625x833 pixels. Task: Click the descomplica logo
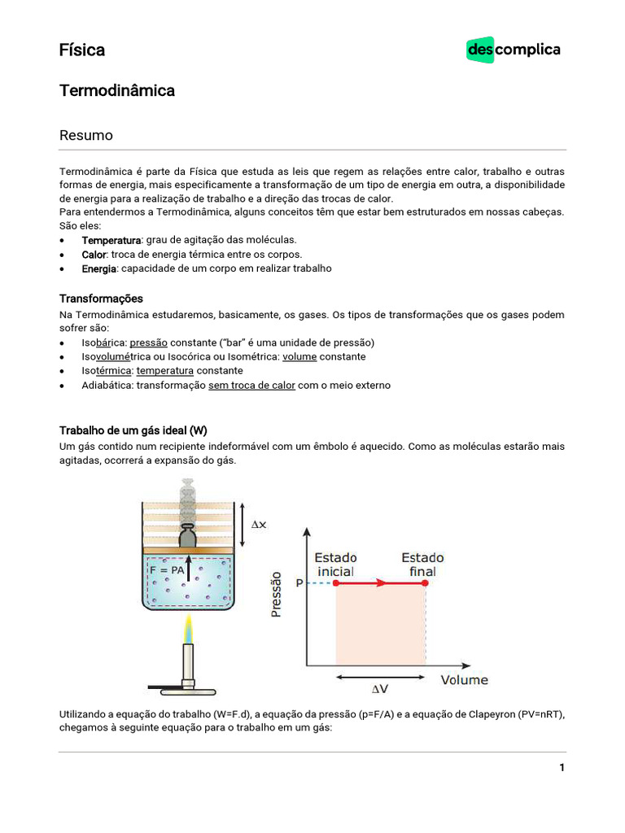coord(514,50)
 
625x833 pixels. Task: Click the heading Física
coord(82,50)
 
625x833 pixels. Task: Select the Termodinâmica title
coord(117,91)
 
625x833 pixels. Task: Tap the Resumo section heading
coord(86,136)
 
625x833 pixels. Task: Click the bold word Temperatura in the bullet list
coord(111,240)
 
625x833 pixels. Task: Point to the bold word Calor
coord(94,255)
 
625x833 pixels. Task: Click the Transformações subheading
coord(101,299)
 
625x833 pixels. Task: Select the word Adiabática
coord(107,385)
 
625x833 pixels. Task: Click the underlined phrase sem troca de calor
coord(251,385)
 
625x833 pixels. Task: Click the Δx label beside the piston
coord(258,525)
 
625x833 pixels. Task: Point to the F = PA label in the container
coord(167,571)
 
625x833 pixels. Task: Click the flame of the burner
coord(189,630)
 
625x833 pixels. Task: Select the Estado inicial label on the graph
coord(335,565)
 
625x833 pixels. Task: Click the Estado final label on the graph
coord(423,565)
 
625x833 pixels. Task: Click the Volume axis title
coord(465,679)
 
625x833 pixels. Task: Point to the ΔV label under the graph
coord(380,690)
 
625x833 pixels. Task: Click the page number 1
coord(562,768)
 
